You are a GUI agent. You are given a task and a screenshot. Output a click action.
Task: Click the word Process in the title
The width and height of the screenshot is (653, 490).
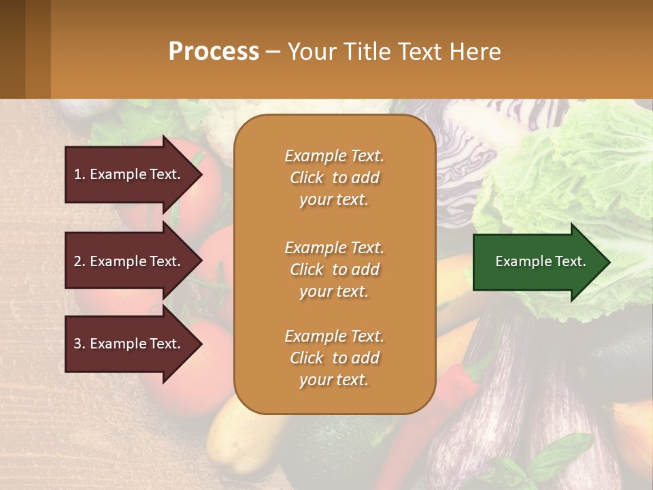pyautogui.click(x=214, y=52)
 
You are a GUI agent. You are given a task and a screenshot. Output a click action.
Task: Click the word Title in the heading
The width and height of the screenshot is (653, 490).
pyautogui.click(x=368, y=52)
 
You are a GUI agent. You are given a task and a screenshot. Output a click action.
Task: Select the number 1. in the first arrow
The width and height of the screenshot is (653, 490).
pyautogui.click(x=80, y=174)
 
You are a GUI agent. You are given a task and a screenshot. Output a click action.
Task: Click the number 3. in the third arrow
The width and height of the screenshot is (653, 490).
pyautogui.click(x=80, y=344)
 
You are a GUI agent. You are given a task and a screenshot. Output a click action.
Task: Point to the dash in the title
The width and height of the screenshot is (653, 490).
pyautogui.click(x=273, y=52)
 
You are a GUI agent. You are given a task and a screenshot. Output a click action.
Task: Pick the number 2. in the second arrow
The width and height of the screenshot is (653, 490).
pyautogui.click(x=80, y=261)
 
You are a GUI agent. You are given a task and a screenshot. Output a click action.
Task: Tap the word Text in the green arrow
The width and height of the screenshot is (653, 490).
pyautogui.click(x=570, y=261)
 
